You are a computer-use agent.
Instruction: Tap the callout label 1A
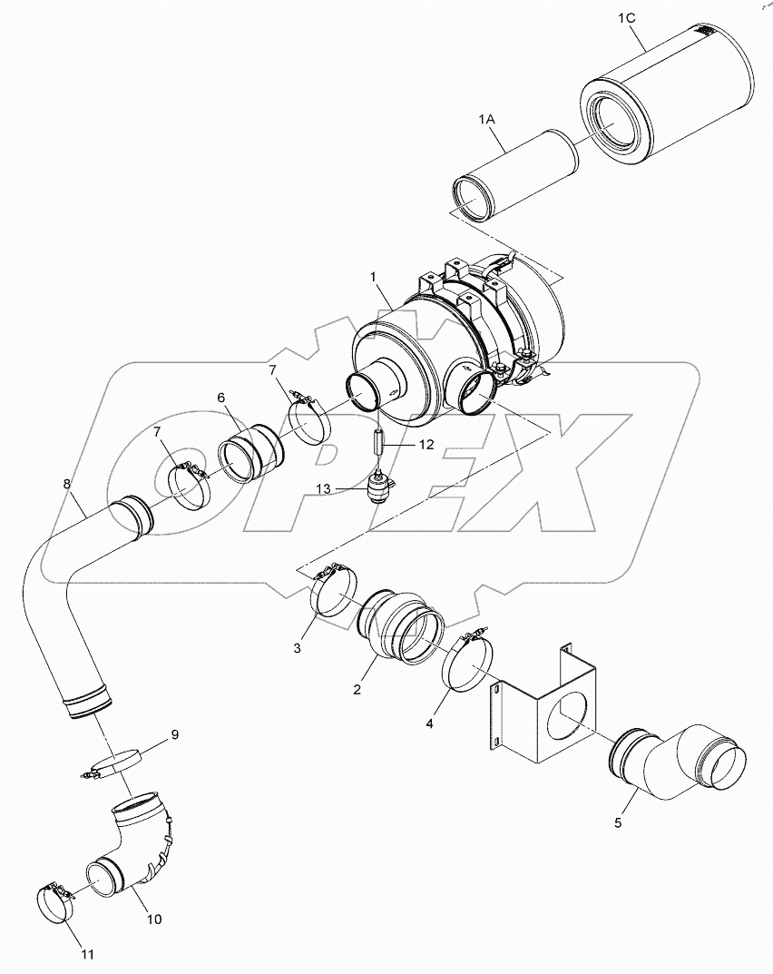[x=486, y=118]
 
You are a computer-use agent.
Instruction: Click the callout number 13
[x=324, y=488]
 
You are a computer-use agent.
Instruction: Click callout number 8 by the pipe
[x=67, y=485]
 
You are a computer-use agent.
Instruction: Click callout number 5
[x=618, y=822]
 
